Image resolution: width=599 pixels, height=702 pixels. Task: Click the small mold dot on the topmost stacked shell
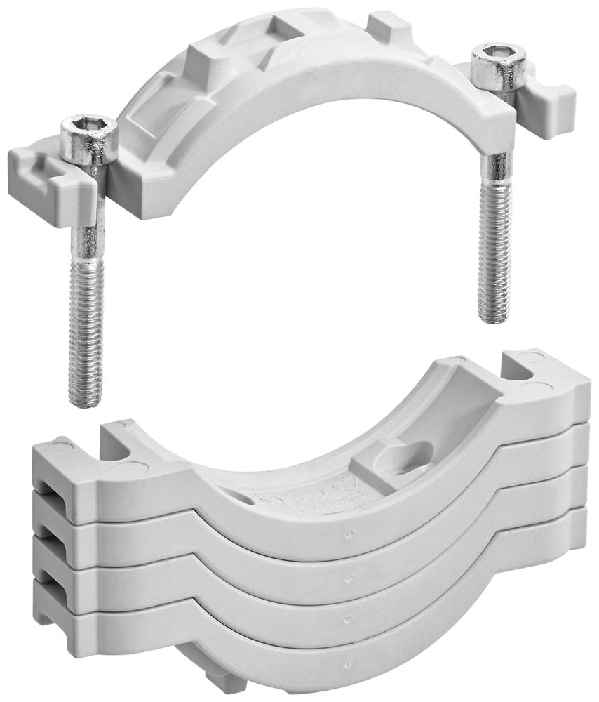[x=349, y=534]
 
